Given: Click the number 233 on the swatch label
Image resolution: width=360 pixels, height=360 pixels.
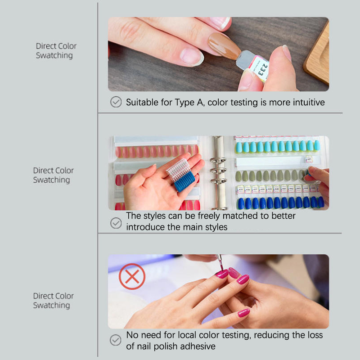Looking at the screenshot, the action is [263, 70].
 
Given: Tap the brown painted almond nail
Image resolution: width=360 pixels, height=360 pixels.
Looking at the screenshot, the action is [224, 46].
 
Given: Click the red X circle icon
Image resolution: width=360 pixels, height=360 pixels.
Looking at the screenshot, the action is [132, 276].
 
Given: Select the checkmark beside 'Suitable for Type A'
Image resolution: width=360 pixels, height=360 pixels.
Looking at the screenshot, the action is [116, 102].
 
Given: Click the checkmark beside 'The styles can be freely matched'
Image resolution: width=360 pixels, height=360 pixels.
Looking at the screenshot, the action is [116, 223].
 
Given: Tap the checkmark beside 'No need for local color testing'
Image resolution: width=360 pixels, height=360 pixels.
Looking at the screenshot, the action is [116, 340].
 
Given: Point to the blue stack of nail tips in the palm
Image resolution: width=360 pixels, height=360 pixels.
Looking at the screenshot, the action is [185, 181].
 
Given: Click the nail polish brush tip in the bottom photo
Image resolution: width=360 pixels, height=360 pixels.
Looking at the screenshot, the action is [220, 263].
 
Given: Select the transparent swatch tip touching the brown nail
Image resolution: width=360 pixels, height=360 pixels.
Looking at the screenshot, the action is [245, 60].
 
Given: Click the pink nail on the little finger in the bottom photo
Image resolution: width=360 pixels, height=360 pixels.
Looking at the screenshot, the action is [243, 313].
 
